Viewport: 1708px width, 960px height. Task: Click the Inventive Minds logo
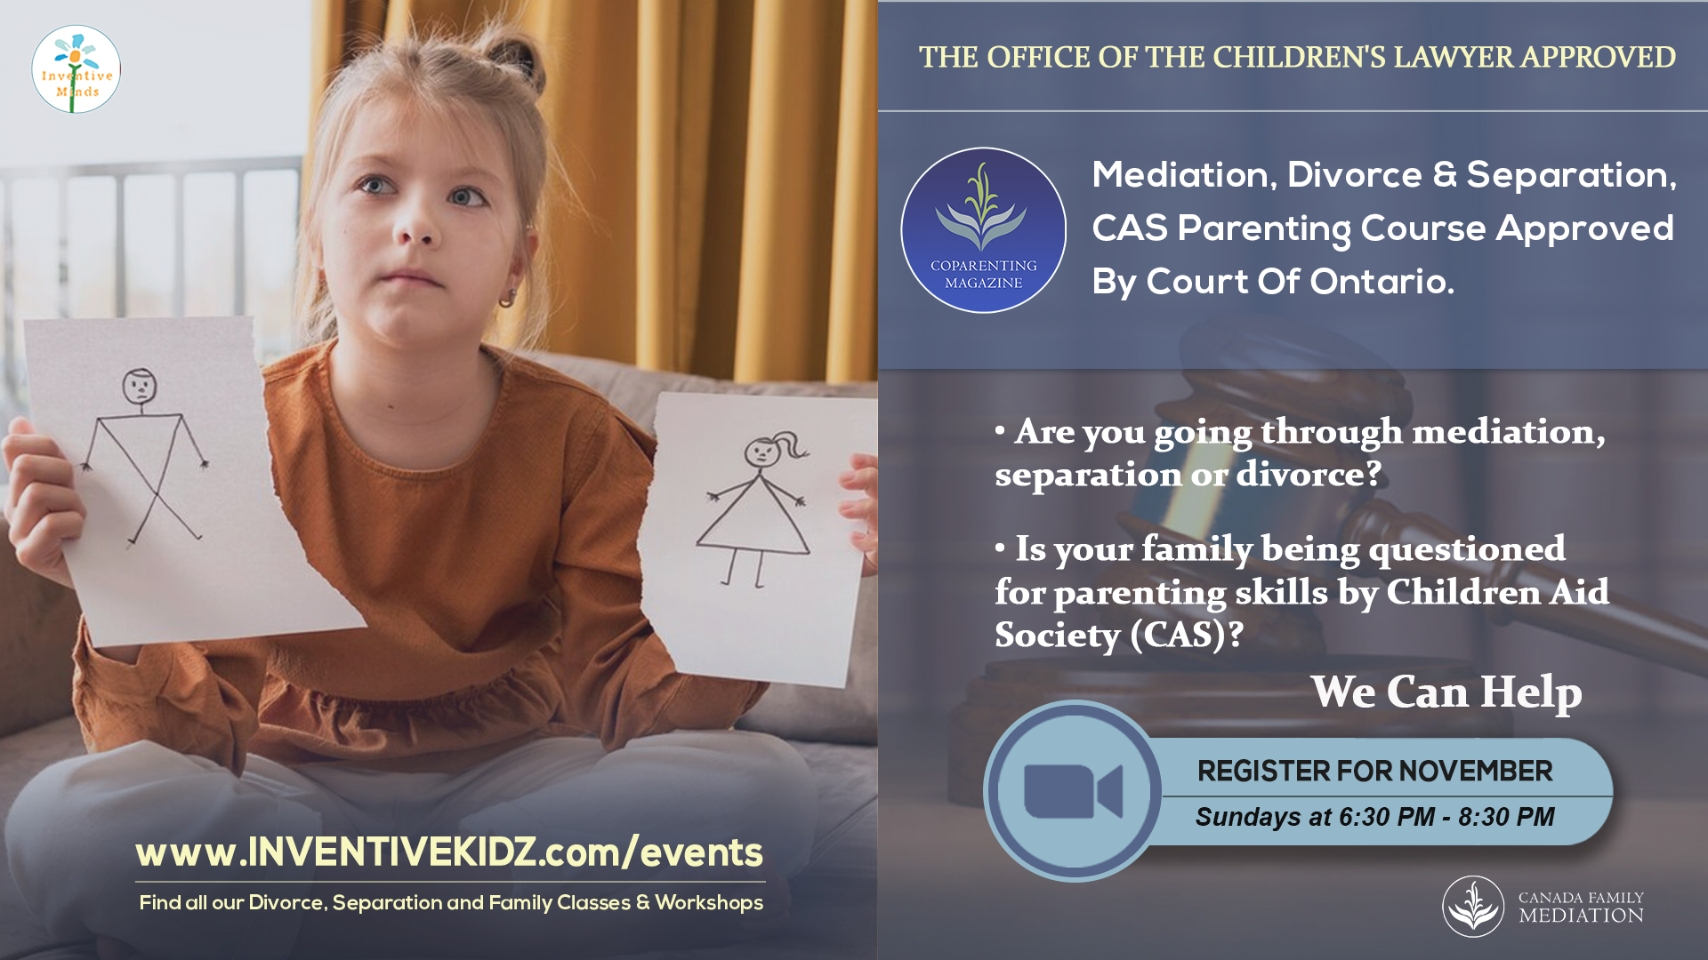pyautogui.click(x=77, y=69)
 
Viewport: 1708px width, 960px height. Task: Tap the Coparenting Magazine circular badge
pyautogui.click(x=983, y=230)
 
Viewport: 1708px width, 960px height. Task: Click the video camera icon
pyautogui.click(x=1073, y=791)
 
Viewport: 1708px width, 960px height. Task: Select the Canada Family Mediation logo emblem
pyautogui.click(x=1473, y=907)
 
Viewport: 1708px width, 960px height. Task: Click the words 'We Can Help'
pyautogui.click(x=1446, y=692)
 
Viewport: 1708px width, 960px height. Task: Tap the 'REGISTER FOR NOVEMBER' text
pyautogui.click(x=1374, y=771)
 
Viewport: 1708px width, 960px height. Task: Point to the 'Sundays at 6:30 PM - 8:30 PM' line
pyautogui.click(x=1374, y=817)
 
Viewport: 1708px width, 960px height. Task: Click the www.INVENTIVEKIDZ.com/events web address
pyautogui.click(x=449, y=852)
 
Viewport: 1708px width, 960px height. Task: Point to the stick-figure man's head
pyautogui.click(x=140, y=386)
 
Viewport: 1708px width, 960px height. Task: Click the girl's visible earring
pyautogui.click(x=507, y=298)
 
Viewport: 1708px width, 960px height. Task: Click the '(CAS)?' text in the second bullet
pyautogui.click(x=1187, y=636)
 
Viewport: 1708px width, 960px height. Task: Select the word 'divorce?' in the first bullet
pyautogui.click(x=1309, y=474)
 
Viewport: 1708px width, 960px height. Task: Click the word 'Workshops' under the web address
pyautogui.click(x=709, y=903)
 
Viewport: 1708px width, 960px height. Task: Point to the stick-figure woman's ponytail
pyautogui.click(x=789, y=444)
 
